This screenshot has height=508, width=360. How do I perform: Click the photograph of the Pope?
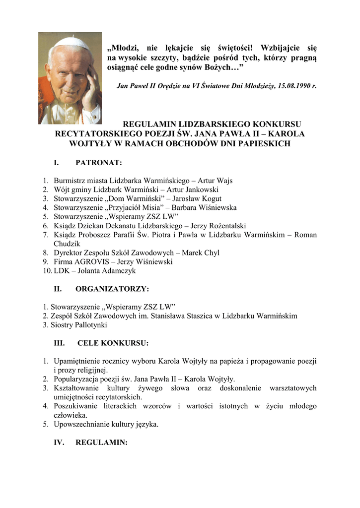[70, 78]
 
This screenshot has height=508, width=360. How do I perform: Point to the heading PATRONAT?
[98, 162]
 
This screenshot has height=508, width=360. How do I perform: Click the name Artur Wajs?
[215, 181]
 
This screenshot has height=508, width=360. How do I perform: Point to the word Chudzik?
[67, 244]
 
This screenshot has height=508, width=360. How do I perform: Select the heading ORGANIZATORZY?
[112, 288]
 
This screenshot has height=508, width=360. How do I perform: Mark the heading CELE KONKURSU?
[113, 343]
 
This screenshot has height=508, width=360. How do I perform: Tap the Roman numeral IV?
[59, 442]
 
